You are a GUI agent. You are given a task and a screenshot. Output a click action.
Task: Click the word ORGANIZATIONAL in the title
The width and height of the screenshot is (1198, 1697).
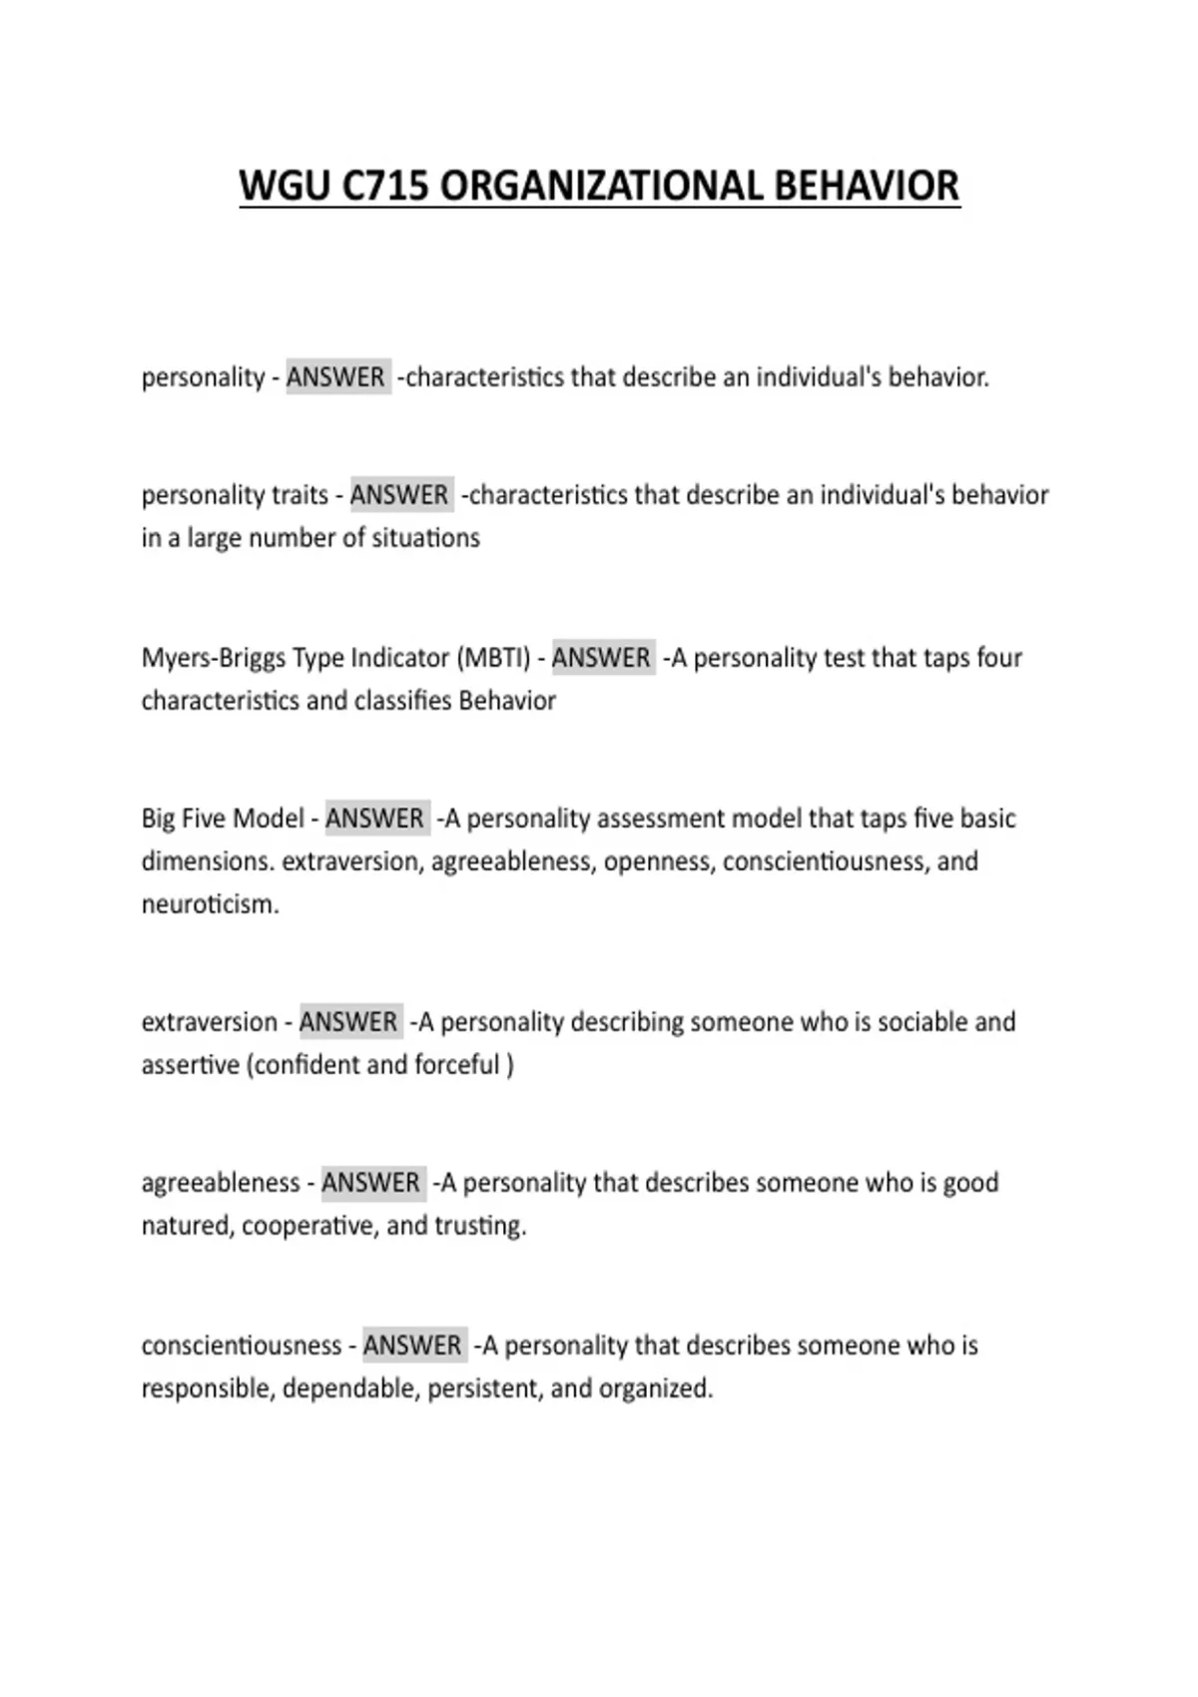click(600, 187)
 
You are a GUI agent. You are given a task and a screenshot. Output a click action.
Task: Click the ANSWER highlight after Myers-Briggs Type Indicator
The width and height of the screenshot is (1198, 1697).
click(602, 658)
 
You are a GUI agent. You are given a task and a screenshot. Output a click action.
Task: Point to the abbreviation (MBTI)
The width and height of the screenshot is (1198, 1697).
click(493, 658)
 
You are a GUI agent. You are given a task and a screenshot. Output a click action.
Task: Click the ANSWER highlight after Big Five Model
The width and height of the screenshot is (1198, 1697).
click(375, 819)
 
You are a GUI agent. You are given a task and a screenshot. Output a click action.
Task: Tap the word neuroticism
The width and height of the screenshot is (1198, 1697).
click(210, 904)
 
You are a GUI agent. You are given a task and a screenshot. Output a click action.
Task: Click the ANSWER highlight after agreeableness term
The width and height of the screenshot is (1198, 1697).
click(371, 1183)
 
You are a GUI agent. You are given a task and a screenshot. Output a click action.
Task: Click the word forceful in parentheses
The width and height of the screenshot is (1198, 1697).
click(456, 1065)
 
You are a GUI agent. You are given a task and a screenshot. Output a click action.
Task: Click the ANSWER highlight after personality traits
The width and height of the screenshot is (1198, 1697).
click(399, 495)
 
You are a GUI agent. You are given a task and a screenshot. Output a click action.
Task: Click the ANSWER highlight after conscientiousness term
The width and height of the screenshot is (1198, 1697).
click(413, 1346)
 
